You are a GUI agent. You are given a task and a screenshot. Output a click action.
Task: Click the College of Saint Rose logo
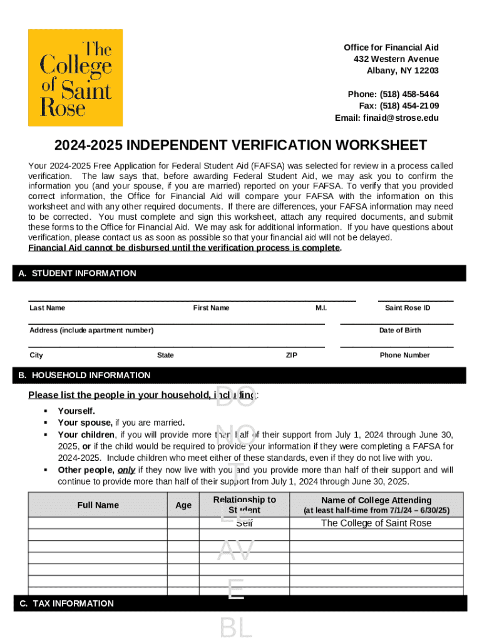pyautogui.click(x=75, y=78)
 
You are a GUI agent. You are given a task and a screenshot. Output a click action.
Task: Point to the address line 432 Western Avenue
pyautogui.click(x=396, y=59)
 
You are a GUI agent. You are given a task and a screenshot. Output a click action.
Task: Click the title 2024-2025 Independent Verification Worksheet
pyautogui.click(x=240, y=146)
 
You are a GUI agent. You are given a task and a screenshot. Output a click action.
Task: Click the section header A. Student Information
pyautogui.click(x=84, y=274)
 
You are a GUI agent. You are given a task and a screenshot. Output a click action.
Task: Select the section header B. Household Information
pyautogui.click(x=91, y=376)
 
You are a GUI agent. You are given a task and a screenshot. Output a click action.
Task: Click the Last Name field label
pyautogui.click(x=47, y=308)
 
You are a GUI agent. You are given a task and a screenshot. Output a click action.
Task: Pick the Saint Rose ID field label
pyautogui.click(x=408, y=308)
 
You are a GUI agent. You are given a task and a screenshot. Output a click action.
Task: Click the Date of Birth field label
pyautogui.click(x=400, y=331)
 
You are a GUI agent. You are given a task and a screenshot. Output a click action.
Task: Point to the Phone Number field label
pyautogui.click(x=404, y=356)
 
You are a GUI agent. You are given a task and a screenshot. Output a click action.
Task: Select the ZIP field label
pyautogui.click(x=292, y=356)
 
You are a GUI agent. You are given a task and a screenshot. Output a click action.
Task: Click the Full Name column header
pyautogui.click(x=98, y=505)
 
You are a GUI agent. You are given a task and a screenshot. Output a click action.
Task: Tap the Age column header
pyautogui.click(x=183, y=505)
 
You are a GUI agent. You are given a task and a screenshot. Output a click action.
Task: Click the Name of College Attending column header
pyautogui.click(x=376, y=500)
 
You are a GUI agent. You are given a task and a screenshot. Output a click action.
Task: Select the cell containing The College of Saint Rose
pyautogui.click(x=376, y=523)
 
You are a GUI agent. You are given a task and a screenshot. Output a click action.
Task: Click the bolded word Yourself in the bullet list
pyautogui.click(x=76, y=411)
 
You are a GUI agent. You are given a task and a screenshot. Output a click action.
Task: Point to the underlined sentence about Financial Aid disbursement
pyautogui.click(x=185, y=248)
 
